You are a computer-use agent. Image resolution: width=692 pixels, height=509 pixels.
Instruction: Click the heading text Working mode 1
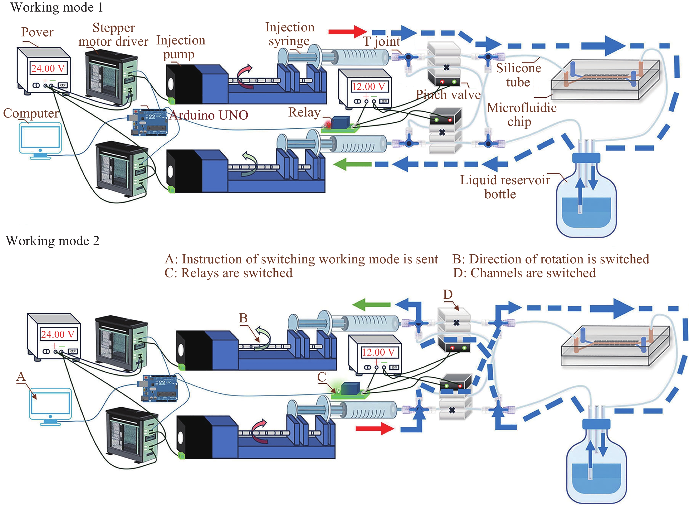pos(56,7)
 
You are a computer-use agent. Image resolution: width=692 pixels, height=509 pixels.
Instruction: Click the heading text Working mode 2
pos(52,241)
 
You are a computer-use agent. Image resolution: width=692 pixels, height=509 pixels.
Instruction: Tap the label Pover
pos(37,32)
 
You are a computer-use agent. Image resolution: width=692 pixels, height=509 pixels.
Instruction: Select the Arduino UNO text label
pos(209,115)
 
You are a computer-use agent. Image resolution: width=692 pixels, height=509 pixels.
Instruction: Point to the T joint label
pos(381,41)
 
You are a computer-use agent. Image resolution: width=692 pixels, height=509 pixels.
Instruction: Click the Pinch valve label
pos(448,95)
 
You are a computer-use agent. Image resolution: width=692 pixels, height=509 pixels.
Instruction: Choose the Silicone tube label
pos(518,75)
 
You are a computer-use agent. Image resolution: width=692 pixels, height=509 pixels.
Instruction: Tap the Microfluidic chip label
pos(521,114)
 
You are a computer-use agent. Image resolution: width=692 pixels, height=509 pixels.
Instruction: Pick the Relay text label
pos(304,112)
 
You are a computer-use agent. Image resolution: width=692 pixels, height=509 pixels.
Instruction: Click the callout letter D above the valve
pos(448,294)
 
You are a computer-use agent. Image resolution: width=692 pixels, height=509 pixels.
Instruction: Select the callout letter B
pos(243,318)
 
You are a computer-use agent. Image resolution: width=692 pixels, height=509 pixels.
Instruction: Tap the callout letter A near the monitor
pos(21,376)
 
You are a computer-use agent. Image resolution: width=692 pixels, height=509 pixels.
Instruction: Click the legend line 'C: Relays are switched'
pos(228,273)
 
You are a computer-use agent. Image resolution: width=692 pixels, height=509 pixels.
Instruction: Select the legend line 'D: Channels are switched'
pos(524,273)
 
